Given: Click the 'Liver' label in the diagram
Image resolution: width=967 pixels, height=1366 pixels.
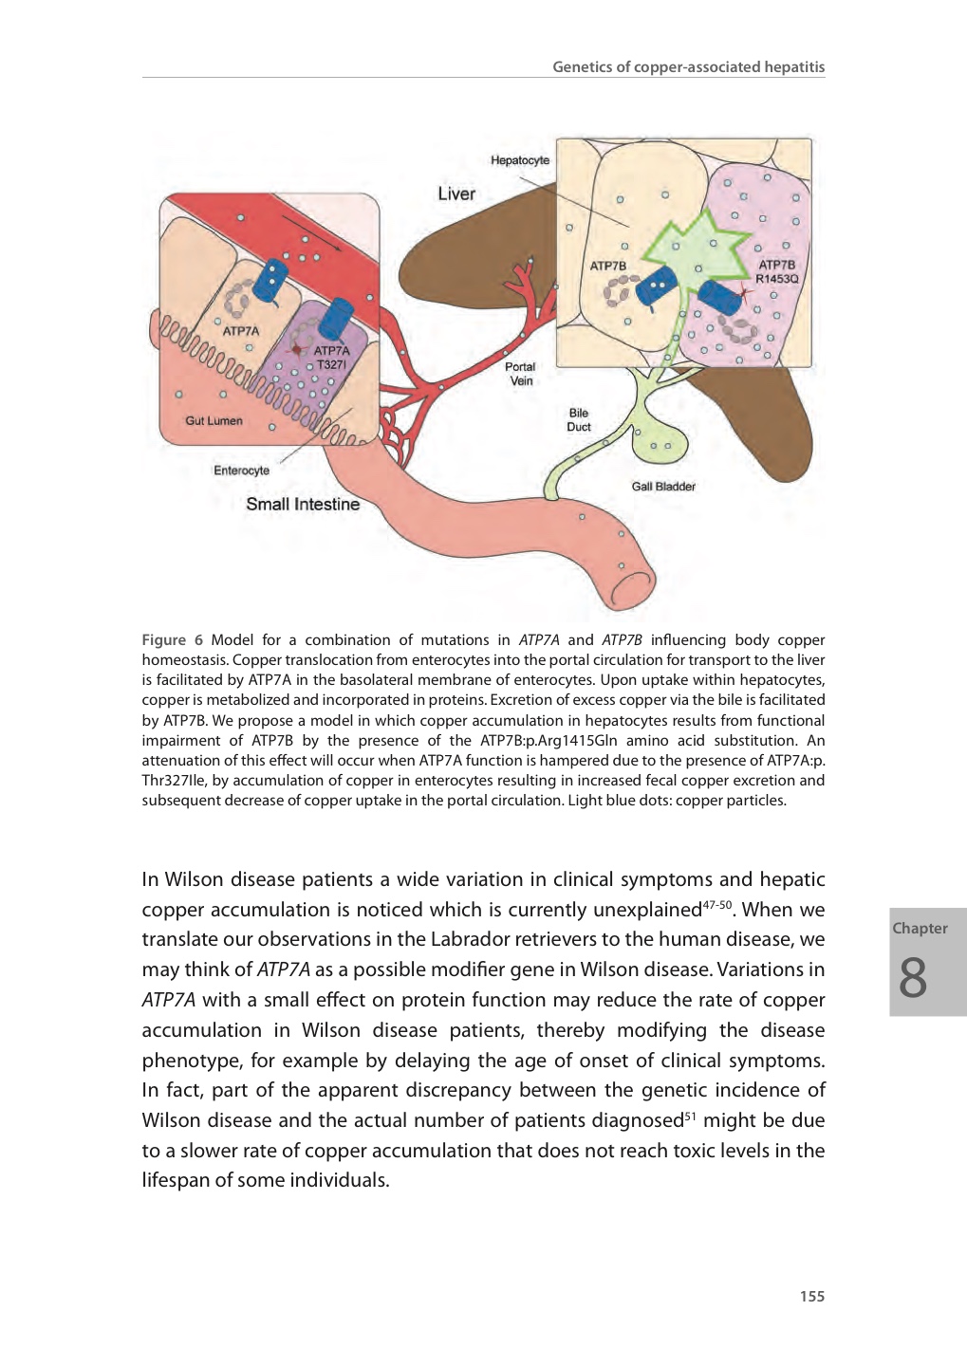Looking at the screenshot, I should pyautogui.click(x=456, y=194).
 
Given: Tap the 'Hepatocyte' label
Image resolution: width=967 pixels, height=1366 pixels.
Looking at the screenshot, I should pyautogui.click(x=520, y=160).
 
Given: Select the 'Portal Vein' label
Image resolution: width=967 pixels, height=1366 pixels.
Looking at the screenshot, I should pyautogui.click(x=520, y=374).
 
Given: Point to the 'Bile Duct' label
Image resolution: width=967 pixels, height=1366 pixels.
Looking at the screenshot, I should pyautogui.click(x=579, y=420).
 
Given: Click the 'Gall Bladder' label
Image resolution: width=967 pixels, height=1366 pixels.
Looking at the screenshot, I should pyautogui.click(x=663, y=487).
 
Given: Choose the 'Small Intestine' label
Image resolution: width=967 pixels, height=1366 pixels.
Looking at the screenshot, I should pyautogui.click(x=303, y=505).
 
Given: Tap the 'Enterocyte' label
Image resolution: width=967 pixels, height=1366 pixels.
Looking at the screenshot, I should pyautogui.click(x=241, y=471).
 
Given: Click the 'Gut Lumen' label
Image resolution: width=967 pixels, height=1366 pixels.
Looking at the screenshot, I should pyautogui.click(x=214, y=421).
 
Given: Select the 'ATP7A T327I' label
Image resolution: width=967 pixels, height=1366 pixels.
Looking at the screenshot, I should pyautogui.click(x=331, y=358).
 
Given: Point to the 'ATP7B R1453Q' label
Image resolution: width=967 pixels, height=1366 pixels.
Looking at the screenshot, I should pyautogui.click(x=776, y=272).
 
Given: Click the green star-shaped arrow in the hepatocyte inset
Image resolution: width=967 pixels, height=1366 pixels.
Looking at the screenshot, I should pyautogui.click(x=693, y=247).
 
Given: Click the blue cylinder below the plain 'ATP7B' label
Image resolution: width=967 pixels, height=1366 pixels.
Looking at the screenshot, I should pyautogui.click(x=656, y=286).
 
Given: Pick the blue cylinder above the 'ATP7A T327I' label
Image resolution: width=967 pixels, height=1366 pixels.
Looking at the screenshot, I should pyautogui.click(x=336, y=318).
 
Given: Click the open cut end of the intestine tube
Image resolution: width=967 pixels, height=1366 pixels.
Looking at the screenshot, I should pyautogui.click(x=633, y=589).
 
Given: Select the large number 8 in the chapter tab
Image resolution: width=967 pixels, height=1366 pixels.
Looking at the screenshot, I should pyautogui.click(x=913, y=978).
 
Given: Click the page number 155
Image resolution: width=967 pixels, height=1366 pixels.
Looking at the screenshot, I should pyautogui.click(x=811, y=1297).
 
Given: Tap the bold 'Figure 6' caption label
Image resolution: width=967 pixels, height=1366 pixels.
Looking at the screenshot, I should pyautogui.click(x=172, y=640).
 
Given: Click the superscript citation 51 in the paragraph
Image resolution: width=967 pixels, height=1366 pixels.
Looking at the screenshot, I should pyautogui.click(x=690, y=1116).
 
